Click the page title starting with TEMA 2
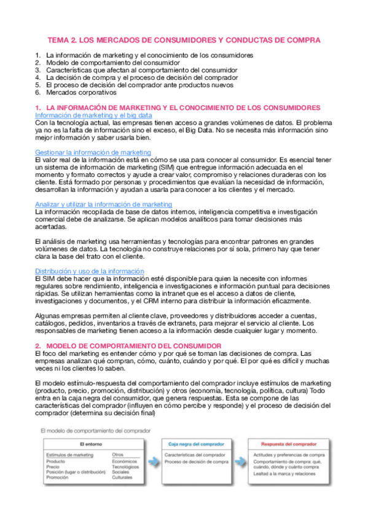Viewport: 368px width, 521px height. point(184,40)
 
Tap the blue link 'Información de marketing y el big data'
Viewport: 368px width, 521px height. point(94,115)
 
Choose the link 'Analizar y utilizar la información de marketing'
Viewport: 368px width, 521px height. point(104,204)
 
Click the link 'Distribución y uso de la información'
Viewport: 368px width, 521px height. point(89,271)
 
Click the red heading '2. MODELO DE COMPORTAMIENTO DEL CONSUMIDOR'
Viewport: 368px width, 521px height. point(128,347)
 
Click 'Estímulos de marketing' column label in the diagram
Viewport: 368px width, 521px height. point(69,455)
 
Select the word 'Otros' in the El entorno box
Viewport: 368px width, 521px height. point(117,455)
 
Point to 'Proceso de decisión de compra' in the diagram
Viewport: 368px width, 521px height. point(197,461)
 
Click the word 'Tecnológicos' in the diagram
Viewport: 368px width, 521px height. point(125,466)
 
